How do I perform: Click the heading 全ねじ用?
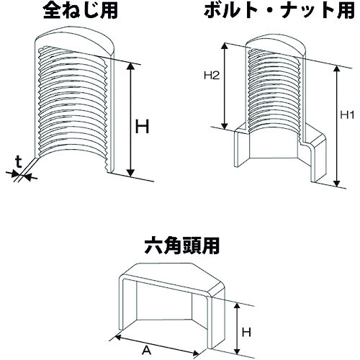[x=81, y=11]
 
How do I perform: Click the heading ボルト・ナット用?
[x=279, y=11]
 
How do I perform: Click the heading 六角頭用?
[x=182, y=246]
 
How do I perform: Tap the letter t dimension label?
[x=19, y=163]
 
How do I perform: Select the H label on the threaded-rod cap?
[x=143, y=127]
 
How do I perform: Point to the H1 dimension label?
[x=347, y=115]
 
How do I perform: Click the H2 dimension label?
[x=212, y=76]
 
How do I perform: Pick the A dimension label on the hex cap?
[x=147, y=351]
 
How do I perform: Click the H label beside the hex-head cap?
[x=246, y=333]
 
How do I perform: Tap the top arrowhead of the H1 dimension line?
[x=337, y=69]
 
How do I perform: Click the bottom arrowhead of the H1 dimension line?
[x=337, y=183]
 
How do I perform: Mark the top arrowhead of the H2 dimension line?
[x=224, y=47]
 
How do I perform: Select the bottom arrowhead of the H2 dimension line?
[x=224, y=126]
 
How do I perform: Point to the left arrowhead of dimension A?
[x=118, y=338]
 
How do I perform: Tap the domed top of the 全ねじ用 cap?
[x=75, y=41]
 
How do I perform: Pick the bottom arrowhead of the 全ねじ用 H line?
[x=130, y=173]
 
